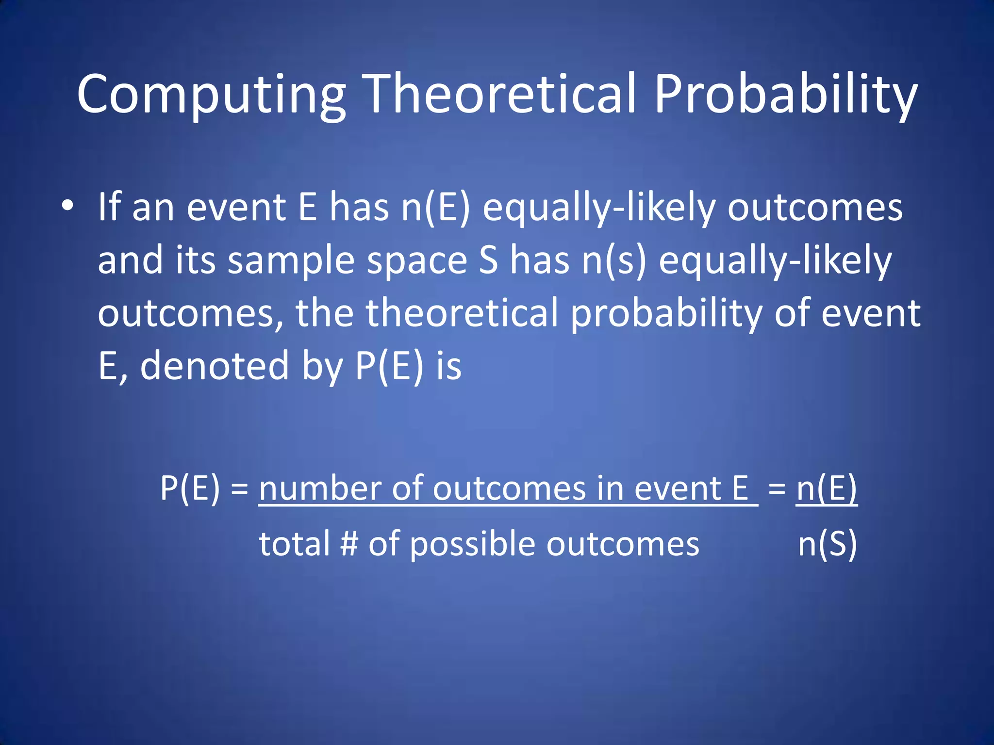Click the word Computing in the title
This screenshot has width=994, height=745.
pos(211,95)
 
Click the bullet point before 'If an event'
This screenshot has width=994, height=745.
pos(67,206)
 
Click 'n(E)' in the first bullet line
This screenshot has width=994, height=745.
pos(435,208)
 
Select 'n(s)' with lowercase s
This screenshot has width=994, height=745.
pos(614,261)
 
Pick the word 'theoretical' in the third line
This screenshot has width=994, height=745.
pos(462,313)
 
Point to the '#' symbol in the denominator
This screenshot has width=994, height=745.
pos(349,544)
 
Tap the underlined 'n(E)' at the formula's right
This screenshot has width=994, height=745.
pos(827,488)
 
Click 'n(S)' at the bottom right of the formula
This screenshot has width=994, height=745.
pos(827,544)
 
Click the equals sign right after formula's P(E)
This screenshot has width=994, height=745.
pos(240,489)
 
